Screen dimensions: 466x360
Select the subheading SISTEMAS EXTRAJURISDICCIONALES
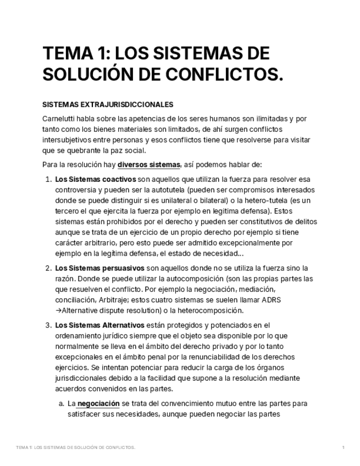(108, 104)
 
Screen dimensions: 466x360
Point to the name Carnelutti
(59, 119)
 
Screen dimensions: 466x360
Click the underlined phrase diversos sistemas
(148, 164)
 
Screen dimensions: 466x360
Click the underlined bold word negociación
(98, 403)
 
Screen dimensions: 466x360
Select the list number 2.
(48, 268)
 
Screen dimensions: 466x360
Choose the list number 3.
(48, 325)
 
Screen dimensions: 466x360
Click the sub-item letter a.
(61, 403)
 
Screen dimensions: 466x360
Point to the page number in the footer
(344, 448)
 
